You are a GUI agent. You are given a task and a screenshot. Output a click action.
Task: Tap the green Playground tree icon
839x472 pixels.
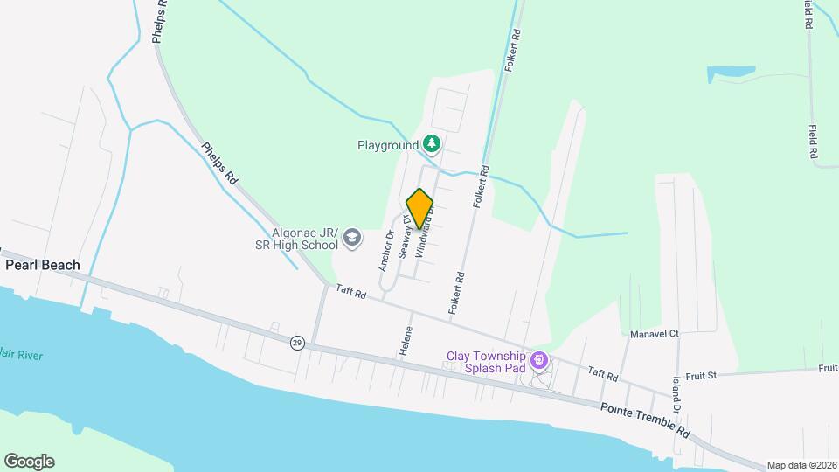(x=431, y=143)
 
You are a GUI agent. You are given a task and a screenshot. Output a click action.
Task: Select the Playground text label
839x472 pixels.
(x=387, y=145)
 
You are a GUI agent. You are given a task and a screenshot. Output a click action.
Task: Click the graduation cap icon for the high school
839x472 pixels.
(x=351, y=237)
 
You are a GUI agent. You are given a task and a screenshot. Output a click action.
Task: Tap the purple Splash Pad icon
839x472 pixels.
(x=540, y=360)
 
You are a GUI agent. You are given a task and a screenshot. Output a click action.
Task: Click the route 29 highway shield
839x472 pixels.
(x=297, y=342)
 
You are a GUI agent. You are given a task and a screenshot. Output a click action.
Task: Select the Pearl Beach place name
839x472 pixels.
(x=42, y=265)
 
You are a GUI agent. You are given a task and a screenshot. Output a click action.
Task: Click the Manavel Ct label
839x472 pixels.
(x=655, y=334)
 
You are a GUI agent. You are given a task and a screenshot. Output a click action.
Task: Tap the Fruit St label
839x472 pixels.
(x=700, y=375)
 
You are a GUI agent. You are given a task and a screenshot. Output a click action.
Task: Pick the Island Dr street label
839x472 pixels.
(x=676, y=394)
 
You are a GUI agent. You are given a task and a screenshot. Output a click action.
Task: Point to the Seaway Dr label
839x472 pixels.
(x=405, y=237)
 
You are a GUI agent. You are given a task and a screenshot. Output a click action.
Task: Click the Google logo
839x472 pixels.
(x=29, y=462)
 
